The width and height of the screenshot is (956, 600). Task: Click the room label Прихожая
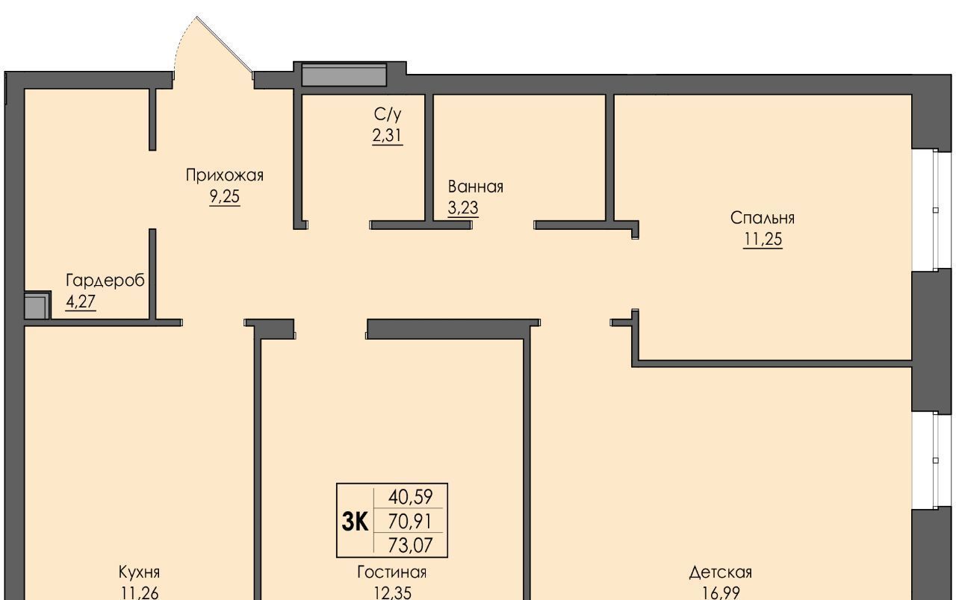225,175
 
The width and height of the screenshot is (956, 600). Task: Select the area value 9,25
225,196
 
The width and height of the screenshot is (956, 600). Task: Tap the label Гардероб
105,281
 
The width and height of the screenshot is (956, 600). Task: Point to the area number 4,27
81,301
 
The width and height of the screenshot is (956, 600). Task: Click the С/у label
388,114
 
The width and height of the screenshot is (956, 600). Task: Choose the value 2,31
387,136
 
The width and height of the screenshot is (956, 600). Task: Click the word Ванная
476,187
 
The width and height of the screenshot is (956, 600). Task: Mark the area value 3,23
463,207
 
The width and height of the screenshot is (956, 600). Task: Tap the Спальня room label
763,218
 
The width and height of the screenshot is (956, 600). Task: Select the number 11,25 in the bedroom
763,240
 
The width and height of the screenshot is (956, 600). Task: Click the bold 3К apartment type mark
355,522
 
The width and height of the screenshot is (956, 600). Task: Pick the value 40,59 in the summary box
410,496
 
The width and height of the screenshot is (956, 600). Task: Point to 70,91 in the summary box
410,521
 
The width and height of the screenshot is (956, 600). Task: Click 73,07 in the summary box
410,545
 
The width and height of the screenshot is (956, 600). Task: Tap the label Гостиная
392,572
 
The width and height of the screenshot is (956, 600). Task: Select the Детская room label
721,572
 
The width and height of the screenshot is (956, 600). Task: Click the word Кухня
139,572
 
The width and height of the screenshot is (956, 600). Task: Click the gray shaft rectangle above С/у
344,75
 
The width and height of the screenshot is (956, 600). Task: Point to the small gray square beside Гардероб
36,305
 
